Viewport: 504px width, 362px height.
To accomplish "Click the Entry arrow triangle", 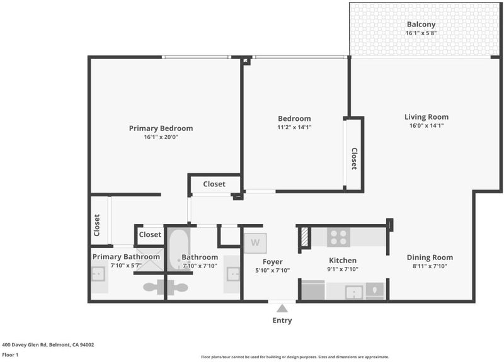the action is pyautogui.click(x=282, y=308).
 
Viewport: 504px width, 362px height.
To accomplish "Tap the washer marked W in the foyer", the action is pyautogui.click(x=255, y=243).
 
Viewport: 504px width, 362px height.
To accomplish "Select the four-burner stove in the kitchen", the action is pyautogui.click(x=339, y=237).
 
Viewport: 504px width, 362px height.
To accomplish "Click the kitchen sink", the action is pyautogui.click(x=354, y=292).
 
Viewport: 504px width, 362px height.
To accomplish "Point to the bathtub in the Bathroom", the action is pyautogui.click(x=179, y=249).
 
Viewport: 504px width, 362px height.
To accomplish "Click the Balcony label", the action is pyautogui.click(x=421, y=25).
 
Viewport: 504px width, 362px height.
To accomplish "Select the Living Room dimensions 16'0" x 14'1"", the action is pyautogui.click(x=427, y=125).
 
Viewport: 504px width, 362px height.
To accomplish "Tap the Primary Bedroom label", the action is pyautogui.click(x=161, y=128).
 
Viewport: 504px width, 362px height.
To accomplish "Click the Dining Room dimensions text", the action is pyautogui.click(x=430, y=266).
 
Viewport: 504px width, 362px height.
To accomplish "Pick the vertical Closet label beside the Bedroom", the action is pyautogui.click(x=354, y=159).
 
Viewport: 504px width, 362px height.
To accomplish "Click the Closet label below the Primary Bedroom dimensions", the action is pyautogui.click(x=214, y=184).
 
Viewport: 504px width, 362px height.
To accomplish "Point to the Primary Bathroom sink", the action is pyautogui.click(x=98, y=274).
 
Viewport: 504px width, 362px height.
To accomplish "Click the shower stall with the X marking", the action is pyautogui.click(x=150, y=260).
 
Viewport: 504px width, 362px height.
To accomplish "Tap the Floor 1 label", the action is pyautogui.click(x=10, y=355).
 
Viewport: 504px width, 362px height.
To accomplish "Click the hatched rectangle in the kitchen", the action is pyautogui.click(x=305, y=237).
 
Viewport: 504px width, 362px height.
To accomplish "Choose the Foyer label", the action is pyautogui.click(x=273, y=262).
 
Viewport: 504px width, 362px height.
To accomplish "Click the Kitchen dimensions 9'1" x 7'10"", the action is pyautogui.click(x=343, y=269).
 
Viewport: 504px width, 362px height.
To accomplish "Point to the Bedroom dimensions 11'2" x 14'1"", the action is pyautogui.click(x=294, y=127).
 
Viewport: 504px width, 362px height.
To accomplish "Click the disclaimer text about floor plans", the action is pyautogui.click(x=295, y=357).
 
